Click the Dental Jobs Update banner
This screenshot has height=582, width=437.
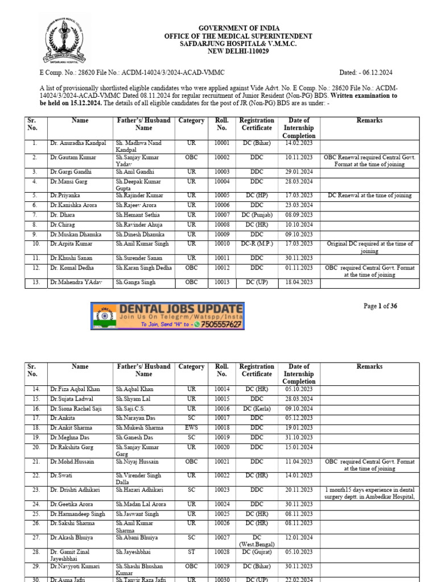click(168, 316)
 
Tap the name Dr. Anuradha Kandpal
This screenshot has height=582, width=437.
click(77, 143)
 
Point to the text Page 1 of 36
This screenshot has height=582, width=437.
click(380, 306)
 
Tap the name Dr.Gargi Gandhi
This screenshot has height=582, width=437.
click(71, 172)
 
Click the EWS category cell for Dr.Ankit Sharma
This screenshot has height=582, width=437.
click(191, 428)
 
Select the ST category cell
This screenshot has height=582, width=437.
click(191, 552)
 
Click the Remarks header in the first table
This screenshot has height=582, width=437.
click(369, 120)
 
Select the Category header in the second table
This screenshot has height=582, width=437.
click(191, 367)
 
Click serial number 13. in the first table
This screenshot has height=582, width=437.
click(35, 282)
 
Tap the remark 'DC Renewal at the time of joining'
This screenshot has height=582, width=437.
click(369, 196)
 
